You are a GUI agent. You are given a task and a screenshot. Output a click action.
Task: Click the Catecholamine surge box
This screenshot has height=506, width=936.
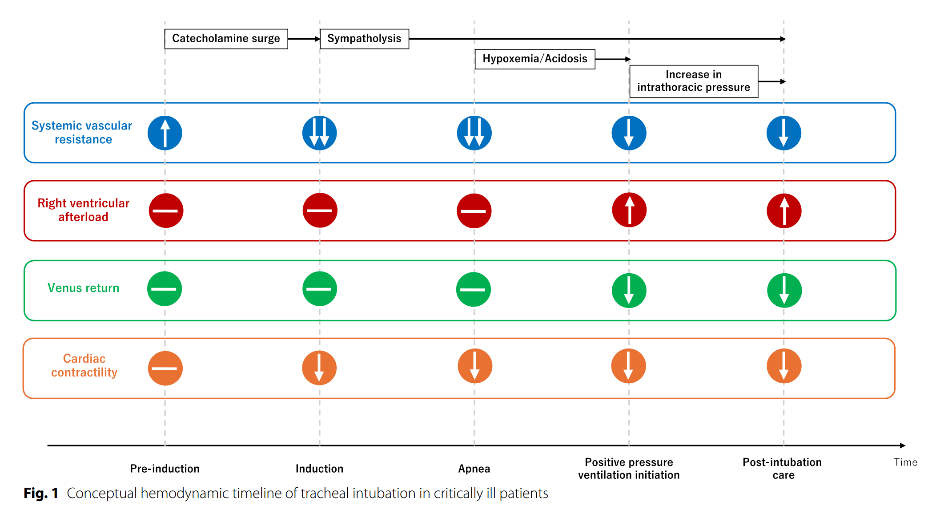coord(226,39)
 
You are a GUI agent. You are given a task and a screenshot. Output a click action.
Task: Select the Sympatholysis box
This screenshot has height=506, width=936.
coord(364,39)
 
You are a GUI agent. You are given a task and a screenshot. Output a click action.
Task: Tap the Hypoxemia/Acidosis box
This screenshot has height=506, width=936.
coord(535,59)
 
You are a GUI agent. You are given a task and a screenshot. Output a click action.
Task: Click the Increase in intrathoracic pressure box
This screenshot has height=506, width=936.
coord(694,81)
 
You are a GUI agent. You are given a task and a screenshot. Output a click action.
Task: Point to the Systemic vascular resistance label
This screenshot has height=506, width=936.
coord(82,132)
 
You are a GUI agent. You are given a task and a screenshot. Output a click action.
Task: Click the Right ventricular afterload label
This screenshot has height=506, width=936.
coord(83,210)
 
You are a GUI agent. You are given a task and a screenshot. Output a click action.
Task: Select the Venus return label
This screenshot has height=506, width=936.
coord(84,288)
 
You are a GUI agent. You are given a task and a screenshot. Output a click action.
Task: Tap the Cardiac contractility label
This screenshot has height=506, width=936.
coord(84,365)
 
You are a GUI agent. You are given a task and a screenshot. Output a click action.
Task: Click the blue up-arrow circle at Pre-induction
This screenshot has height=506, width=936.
coord(165,133)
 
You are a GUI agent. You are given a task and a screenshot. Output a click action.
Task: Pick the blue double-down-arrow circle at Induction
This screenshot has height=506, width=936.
coord(320,133)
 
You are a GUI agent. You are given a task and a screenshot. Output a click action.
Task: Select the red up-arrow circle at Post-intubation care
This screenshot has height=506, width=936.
coord(784,210)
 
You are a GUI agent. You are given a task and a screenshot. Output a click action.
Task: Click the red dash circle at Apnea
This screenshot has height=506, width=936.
coord(474,210)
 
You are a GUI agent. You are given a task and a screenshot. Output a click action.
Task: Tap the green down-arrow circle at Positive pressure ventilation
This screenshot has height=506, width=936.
coord(629,290)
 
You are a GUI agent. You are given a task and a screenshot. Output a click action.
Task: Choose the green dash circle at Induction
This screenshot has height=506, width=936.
coord(320,289)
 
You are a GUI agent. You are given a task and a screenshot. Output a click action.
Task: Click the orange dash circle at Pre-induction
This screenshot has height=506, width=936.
coord(165,368)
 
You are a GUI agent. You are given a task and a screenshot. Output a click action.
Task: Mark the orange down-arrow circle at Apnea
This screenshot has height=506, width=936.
coord(475,366)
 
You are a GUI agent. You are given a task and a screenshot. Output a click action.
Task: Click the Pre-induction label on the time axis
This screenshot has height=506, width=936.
coord(165,469)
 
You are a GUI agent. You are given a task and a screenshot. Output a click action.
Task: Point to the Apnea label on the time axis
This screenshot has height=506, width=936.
coord(474,469)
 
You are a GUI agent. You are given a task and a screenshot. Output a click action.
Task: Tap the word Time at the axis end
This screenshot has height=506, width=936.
coord(906,462)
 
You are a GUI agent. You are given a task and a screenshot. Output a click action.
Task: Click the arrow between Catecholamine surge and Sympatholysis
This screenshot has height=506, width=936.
coord(304,39)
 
